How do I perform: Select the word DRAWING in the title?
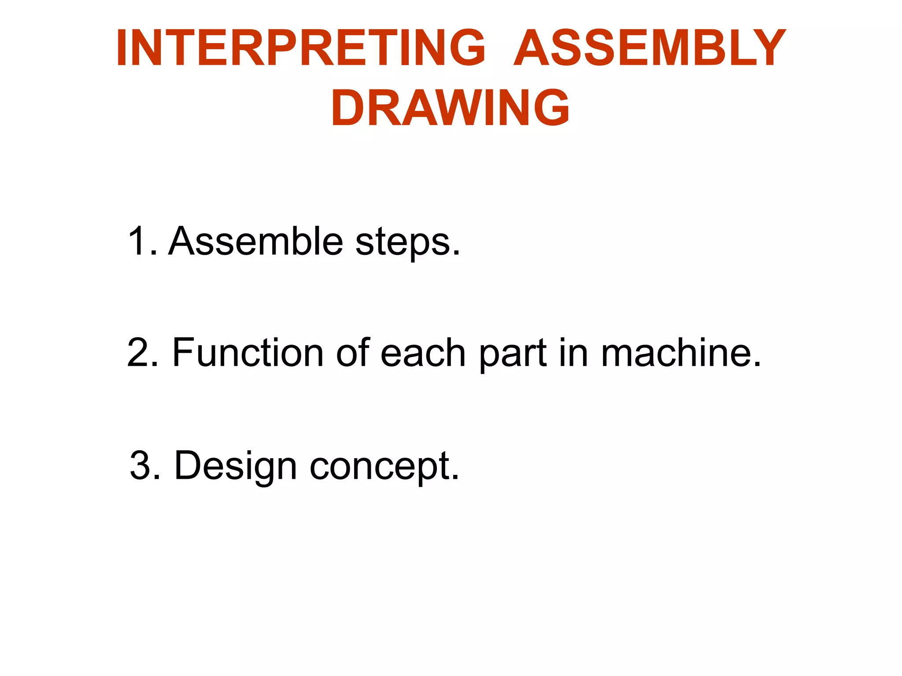point(450,108)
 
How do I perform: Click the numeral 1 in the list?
point(137,241)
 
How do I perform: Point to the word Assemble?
point(255,241)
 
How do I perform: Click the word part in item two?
point(513,355)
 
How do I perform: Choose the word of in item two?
point(353,353)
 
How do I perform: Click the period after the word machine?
point(757,365)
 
